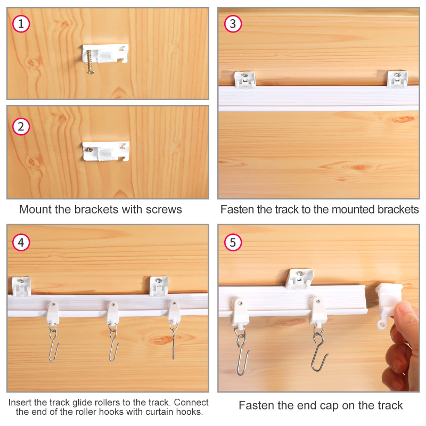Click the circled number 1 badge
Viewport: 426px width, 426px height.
[21, 24]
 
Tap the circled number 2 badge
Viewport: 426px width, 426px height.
[21, 127]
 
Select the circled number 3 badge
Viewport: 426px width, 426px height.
[233, 24]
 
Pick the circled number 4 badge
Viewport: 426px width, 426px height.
[21, 242]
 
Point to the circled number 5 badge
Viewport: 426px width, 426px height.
[233, 242]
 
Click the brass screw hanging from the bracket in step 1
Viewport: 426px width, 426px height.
[90, 62]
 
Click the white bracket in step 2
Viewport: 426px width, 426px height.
[105, 151]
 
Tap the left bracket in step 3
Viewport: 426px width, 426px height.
[245, 79]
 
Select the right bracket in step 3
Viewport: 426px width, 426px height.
[397, 79]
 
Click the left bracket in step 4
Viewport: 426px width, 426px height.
[21, 286]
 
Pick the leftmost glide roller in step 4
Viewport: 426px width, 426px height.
[53, 313]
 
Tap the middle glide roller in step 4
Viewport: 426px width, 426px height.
[113, 313]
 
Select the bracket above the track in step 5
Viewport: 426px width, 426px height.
[299, 278]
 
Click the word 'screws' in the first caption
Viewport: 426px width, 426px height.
[164, 209]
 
